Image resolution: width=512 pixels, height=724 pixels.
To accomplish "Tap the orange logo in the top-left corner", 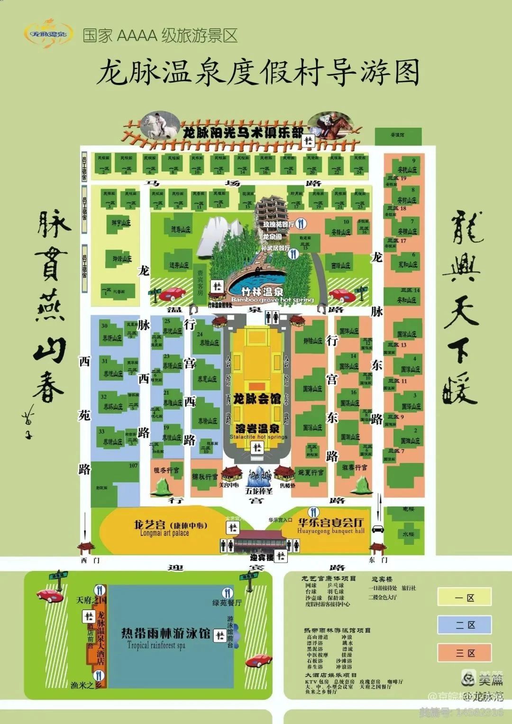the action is (x=48, y=33).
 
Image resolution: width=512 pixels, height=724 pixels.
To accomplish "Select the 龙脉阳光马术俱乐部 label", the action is (x=243, y=132).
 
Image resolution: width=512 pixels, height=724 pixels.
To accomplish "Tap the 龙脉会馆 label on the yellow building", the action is (x=257, y=398).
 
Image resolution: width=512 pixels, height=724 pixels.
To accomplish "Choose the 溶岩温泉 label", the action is (x=258, y=428).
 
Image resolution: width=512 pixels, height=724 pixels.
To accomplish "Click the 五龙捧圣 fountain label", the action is (x=259, y=490).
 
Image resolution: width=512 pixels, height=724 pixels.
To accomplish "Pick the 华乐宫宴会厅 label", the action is (x=330, y=522).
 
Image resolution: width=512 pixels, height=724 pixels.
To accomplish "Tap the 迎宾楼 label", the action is (x=262, y=557).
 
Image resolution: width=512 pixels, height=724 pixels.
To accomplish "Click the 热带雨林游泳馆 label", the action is (x=165, y=633).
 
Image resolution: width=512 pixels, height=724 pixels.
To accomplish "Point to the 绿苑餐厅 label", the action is (x=227, y=603).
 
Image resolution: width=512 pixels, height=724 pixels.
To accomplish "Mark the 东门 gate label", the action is (x=378, y=560).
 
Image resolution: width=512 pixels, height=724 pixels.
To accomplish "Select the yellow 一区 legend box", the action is (x=464, y=597).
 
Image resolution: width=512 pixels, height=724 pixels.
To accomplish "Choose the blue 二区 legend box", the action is (x=464, y=625).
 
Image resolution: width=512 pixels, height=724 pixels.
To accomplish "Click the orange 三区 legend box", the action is (x=464, y=653).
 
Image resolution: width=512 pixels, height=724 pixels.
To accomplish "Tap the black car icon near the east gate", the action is (x=378, y=529).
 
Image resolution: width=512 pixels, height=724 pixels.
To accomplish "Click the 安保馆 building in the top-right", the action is (x=397, y=136).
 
